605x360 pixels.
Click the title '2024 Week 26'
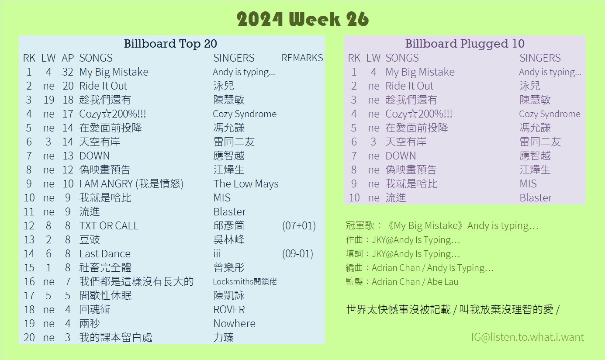302,19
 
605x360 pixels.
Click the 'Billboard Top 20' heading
170,44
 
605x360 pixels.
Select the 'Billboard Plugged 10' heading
465,44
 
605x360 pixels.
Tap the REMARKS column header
302,58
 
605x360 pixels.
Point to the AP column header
68,58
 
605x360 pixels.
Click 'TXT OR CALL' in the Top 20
109,225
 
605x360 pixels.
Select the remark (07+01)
299,225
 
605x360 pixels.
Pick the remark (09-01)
297,253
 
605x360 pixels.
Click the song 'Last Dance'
105,253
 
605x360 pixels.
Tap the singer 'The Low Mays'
246,183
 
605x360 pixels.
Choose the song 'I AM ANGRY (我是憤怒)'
131,183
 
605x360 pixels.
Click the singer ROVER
229,309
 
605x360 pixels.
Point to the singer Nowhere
234,324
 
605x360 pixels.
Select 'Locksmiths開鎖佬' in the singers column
245,282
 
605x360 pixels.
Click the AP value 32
68,72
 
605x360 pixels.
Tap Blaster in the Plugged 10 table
536,197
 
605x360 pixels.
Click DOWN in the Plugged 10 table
401,156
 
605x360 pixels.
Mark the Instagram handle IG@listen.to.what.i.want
528,337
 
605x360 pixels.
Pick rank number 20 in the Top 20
29,338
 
